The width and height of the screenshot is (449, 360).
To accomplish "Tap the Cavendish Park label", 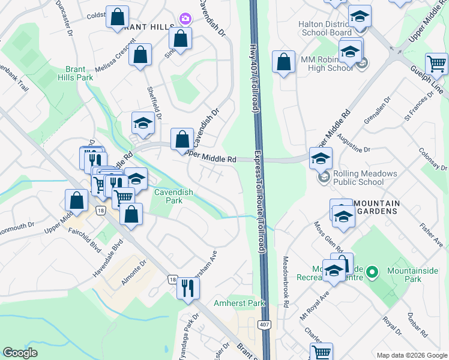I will [x=168, y=196].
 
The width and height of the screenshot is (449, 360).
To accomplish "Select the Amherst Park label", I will [x=240, y=304].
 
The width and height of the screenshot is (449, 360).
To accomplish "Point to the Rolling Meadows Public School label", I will [x=358, y=178].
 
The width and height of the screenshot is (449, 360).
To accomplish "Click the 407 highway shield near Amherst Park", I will [x=263, y=325].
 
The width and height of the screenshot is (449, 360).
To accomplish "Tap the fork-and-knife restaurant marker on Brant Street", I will [x=187, y=289].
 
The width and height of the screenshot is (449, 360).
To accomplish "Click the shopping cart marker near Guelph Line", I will [x=436, y=64].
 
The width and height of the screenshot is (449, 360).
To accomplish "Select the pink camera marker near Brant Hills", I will [x=184, y=19].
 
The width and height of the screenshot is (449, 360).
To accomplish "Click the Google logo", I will [x=20, y=353].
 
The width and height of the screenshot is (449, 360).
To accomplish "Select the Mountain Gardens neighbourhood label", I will [x=377, y=208].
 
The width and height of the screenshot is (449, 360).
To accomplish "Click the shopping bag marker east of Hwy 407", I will [x=283, y=62].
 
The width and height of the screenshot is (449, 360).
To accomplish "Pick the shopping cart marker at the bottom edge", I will [x=321, y=353].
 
